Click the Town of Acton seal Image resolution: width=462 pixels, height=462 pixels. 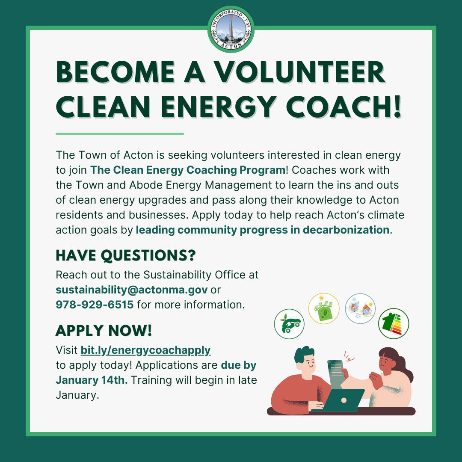231,30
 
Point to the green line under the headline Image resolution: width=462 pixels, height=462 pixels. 120,134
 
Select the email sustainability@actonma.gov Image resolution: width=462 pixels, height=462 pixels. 132,290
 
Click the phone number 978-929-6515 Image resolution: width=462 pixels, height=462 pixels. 95,305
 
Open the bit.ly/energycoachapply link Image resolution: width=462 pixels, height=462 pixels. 145,350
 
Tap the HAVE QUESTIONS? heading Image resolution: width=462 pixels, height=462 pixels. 126,255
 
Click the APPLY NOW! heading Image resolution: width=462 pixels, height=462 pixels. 104,330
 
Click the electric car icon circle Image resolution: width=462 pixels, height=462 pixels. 289,324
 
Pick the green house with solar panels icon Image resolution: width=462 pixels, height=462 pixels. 324,309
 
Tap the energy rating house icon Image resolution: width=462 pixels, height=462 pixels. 394,323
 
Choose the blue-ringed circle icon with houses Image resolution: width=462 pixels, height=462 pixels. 360,308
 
